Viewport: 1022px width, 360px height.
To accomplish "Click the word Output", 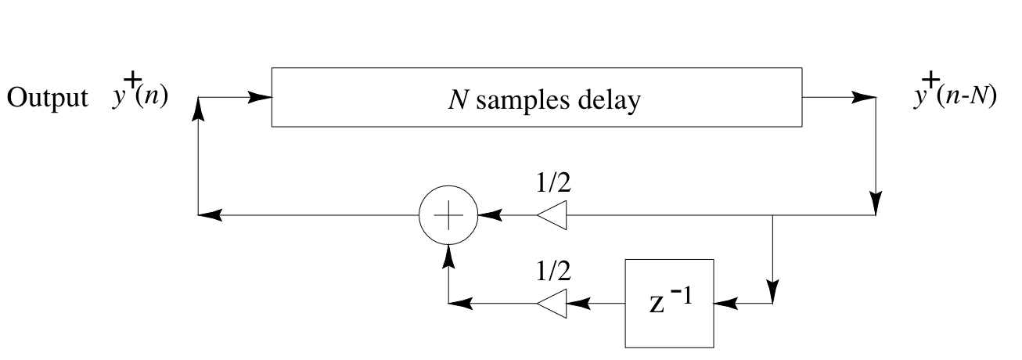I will [x=49, y=100].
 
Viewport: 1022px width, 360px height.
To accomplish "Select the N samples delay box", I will [x=536, y=97].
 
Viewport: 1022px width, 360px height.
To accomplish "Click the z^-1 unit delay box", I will [x=669, y=303].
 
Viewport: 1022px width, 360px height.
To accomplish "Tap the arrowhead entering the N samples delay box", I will [x=261, y=98].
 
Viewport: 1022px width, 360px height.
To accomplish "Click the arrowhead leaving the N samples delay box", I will [x=862, y=98].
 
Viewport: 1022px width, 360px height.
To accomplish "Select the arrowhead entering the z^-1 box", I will [x=725, y=303].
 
